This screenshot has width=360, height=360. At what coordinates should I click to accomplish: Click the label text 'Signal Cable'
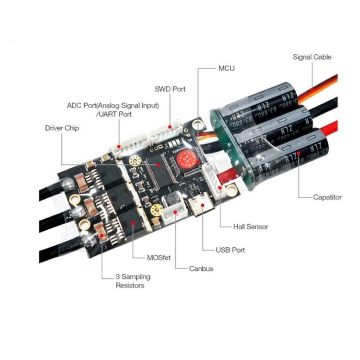pyautogui.click(x=312, y=57)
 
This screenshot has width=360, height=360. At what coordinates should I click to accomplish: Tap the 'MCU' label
pyautogui.click(x=226, y=68)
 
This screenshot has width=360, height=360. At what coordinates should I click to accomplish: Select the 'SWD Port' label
pyautogui.click(x=170, y=89)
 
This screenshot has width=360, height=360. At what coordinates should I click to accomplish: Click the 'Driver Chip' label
pyautogui.click(x=62, y=128)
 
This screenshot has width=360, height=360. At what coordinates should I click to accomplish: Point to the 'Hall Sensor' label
pyautogui.click(x=251, y=227)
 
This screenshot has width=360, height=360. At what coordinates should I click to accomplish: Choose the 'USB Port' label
pyautogui.click(x=230, y=249)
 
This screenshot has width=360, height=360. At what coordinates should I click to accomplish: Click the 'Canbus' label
pyautogui.click(x=201, y=268)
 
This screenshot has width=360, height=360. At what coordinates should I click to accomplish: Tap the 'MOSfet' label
pyautogui.click(x=159, y=257)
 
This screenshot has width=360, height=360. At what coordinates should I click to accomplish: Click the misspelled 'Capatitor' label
pyautogui.click(x=327, y=197)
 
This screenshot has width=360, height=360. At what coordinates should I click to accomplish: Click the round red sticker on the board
pyautogui.click(x=185, y=159)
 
